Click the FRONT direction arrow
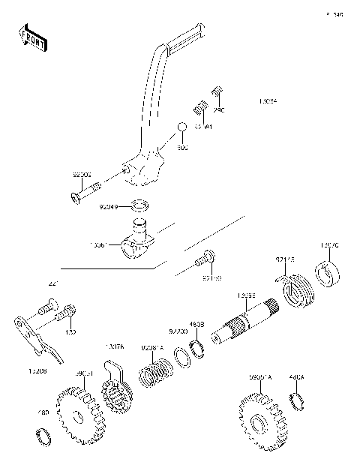33,37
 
